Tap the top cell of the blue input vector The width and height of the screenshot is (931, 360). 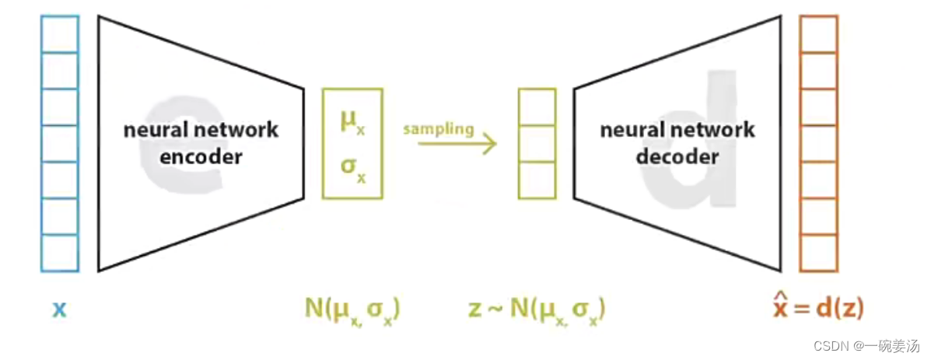click(60, 34)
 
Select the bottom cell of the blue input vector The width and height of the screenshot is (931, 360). click(60, 253)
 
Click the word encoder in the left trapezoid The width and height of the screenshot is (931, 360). click(201, 156)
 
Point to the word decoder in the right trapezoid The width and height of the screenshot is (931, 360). click(677, 156)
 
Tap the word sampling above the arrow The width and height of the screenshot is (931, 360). click(439, 128)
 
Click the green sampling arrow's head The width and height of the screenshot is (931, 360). click(489, 143)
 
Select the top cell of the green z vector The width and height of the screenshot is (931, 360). click(537, 107)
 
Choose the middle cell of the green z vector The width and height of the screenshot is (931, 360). click(537, 143)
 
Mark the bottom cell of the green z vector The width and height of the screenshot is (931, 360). click(537, 180)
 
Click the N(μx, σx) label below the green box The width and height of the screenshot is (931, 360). click(352, 309)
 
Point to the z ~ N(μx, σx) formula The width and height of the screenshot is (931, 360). click(537, 309)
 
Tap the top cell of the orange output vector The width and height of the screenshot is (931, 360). click(818, 34)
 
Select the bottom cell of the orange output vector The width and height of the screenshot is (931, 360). click(818, 253)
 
